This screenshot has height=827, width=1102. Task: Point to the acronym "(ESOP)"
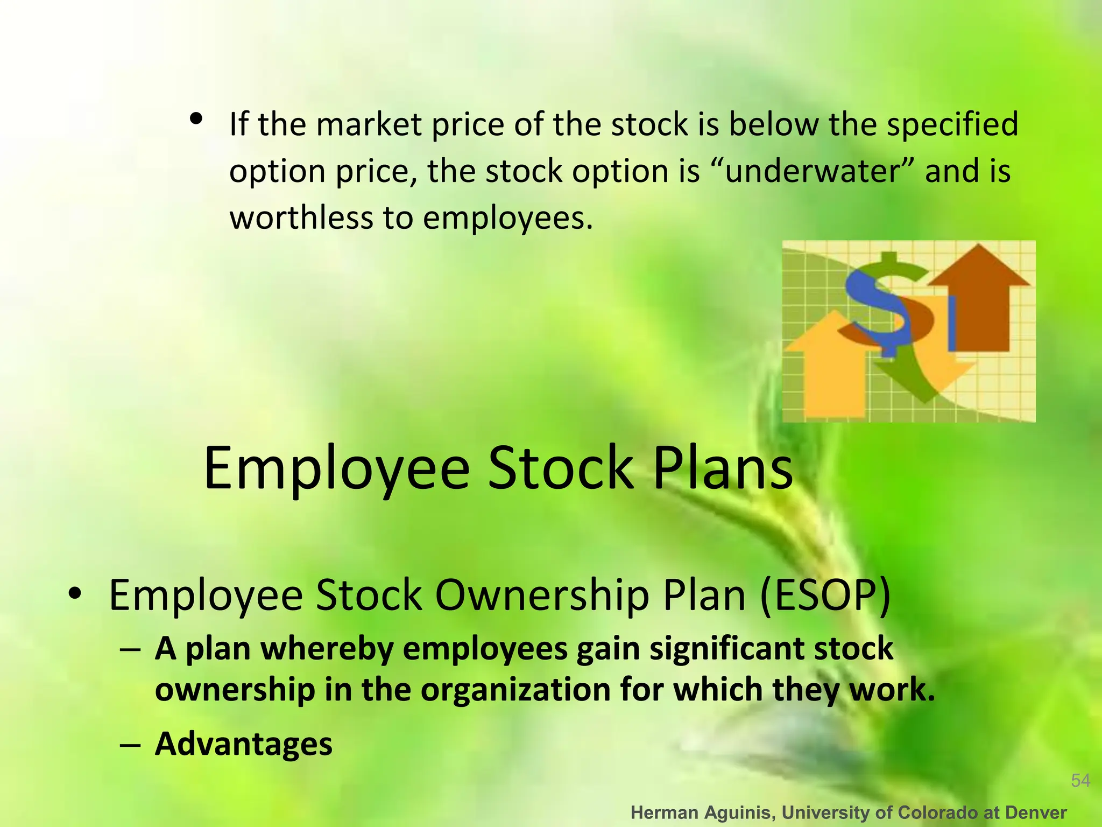[825, 595]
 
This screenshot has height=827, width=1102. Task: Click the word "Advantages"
[243, 744]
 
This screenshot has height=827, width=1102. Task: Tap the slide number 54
[1080, 780]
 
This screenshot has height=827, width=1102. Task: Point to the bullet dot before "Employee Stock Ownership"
[75, 594]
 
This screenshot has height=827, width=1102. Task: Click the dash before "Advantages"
[130, 745]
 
